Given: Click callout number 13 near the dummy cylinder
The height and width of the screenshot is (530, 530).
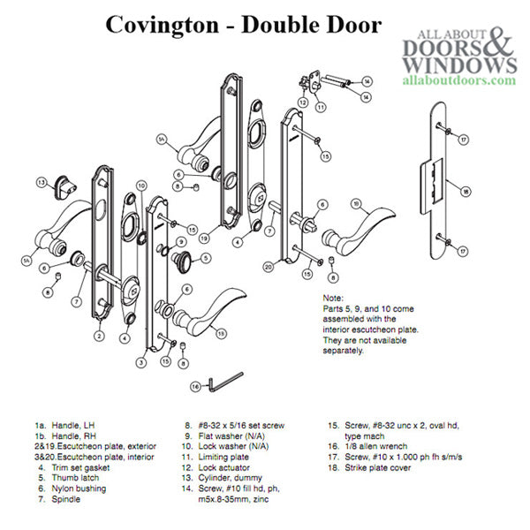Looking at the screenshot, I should click(x=42, y=183).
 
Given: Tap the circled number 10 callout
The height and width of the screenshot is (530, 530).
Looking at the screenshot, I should click(x=140, y=185).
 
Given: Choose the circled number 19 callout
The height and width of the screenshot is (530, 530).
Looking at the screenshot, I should click(x=203, y=238).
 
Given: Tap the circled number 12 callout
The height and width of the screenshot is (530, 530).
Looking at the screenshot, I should click(x=302, y=103).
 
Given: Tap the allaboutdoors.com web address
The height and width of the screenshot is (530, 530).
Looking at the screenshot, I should click(x=458, y=79).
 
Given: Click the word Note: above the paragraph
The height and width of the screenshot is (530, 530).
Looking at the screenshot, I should click(x=333, y=299).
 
